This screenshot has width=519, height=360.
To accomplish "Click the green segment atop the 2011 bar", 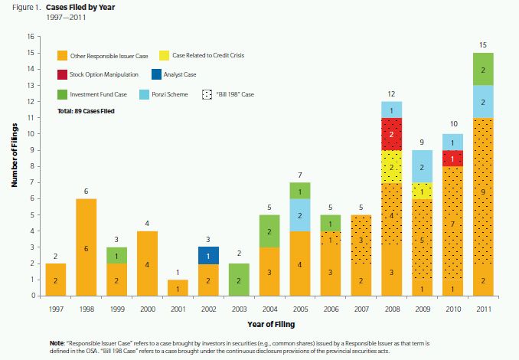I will click(x=484, y=69).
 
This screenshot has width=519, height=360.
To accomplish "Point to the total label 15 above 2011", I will click(x=484, y=46).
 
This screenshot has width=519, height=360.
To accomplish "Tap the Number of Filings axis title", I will click(x=15, y=165).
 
